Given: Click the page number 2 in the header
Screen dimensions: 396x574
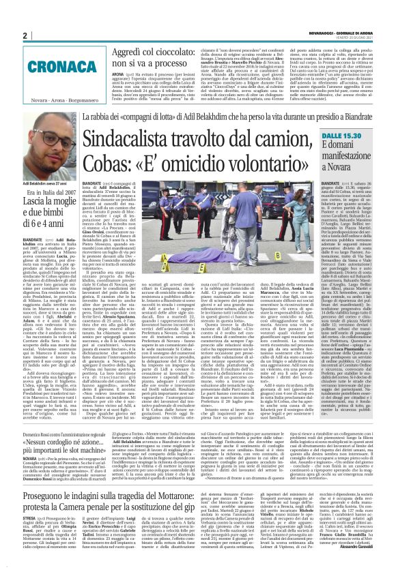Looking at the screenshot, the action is [25, 35].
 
